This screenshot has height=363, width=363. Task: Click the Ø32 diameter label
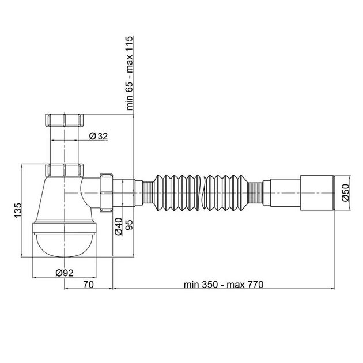coord(99,136)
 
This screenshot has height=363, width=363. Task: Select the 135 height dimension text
coord(18,210)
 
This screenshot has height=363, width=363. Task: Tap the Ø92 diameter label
coord(65,273)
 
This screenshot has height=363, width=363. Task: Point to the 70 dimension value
coord(89,285)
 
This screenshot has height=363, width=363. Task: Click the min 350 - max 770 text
coord(224,285)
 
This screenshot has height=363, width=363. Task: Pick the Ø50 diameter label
coord(345,192)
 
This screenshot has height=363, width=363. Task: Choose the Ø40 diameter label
coord(118,226)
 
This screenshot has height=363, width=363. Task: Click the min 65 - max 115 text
coord(130,73)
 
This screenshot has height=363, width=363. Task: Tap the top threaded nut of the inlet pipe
coord(64,120)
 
